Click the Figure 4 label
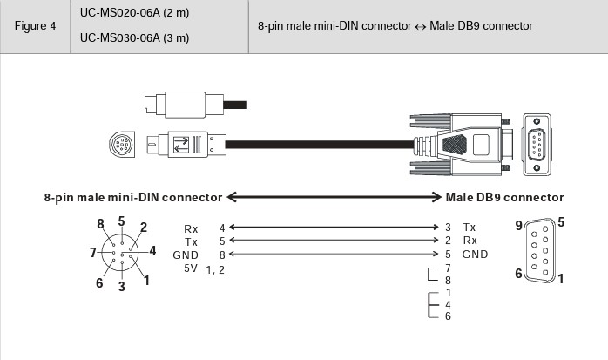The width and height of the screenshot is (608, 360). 35,26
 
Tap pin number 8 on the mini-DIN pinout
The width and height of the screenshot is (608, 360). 102,223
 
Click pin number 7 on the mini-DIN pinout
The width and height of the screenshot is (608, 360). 92,253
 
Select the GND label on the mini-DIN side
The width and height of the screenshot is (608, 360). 186,255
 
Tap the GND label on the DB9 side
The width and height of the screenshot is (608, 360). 475,255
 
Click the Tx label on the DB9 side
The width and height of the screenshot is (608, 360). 470,227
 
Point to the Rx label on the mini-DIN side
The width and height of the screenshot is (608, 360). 191,227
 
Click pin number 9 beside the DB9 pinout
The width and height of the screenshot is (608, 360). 519,226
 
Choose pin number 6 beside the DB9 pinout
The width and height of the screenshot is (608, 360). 519,274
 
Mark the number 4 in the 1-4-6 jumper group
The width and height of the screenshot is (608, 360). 448,304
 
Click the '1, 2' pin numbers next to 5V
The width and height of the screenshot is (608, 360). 215,269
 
